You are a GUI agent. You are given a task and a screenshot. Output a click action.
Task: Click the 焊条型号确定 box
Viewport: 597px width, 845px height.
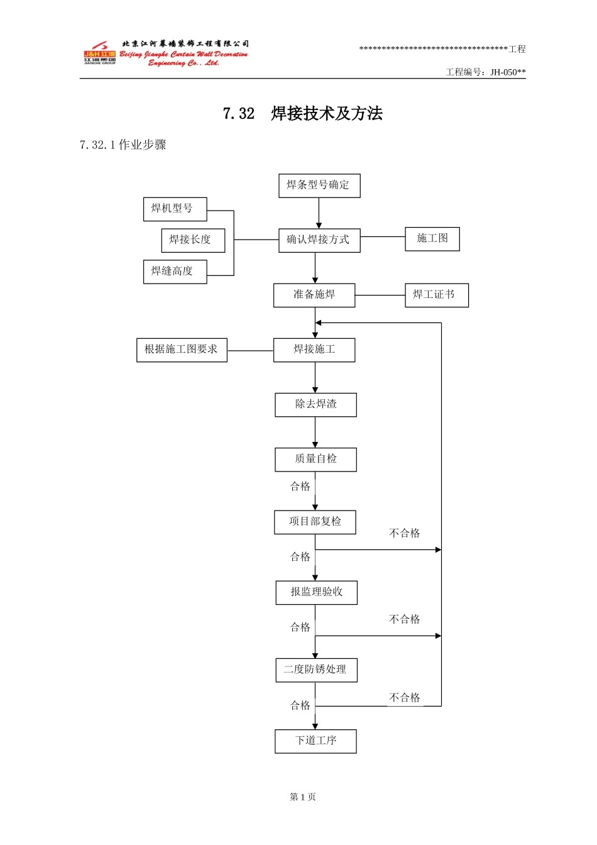pyautogui.click(x=319, y=185)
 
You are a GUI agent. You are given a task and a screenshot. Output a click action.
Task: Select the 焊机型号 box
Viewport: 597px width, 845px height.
pyautogui.click(x=175, y=209)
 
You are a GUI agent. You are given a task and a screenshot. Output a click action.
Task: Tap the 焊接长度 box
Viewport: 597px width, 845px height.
pyautogui.click(x=193, y=240)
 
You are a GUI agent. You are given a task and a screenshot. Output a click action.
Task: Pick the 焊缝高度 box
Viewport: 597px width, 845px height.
pyautogui.click(x=175, y=272)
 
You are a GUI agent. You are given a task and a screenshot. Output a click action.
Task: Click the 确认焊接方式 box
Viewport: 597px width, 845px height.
pyautogui.click(x=319, y=240)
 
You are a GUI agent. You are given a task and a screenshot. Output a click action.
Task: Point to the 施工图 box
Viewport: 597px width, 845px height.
pyautogui.click(x=432, y=239)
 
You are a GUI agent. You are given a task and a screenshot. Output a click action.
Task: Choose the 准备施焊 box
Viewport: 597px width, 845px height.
pyautogui.click(x=314, y=295)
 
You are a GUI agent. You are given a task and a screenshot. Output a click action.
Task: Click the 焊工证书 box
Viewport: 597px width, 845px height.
pyautogui.click(x=437, y=295)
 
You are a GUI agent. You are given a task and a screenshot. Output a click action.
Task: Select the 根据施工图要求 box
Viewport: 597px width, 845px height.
pyautogui.click(x=182, y=350)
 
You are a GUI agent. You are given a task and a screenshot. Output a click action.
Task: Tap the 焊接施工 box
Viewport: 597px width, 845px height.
pyautogui.click(x=314, y=350)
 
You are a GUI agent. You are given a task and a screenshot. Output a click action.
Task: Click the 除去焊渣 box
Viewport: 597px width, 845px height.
pyautogui.click(x=315, y=405)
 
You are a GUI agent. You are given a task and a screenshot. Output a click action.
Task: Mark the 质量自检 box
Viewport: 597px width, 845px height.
pyautogui.click(x=315, y=460)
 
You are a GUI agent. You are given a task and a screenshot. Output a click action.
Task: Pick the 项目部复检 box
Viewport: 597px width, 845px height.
pyautogui.click(x=315, y=522)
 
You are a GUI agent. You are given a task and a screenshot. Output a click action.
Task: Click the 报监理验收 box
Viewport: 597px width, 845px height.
pyautogui.click(x=316, y=593)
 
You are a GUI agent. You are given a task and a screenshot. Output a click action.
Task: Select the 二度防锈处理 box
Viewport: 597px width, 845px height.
pyautogui.click(x=316, y=670)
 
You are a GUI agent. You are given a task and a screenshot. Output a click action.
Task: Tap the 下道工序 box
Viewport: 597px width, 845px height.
pyautogui.click(x=315, y=741)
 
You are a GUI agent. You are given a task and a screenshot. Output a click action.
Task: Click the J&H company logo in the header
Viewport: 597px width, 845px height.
pyautogui.click(x=100, y=54)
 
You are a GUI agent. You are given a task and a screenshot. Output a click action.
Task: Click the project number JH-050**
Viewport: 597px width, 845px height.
pyautogui.click(x=508, y=72)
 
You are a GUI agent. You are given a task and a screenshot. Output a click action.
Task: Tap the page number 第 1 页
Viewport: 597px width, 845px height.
pyautogui.click(x=303, y=797)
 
